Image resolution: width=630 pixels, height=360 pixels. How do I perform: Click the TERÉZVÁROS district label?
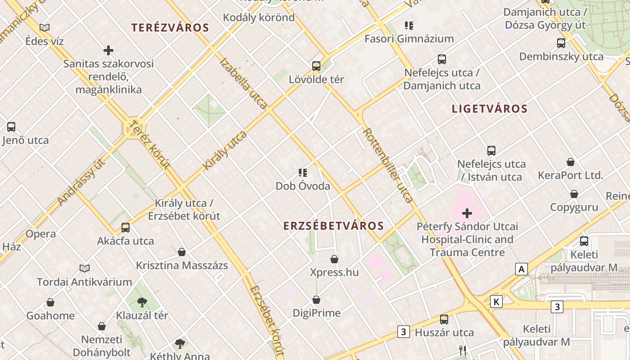(170, 27)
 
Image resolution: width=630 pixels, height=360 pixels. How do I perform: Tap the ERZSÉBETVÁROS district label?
(333, 226)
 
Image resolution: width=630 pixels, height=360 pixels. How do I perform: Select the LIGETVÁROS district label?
(490, 108)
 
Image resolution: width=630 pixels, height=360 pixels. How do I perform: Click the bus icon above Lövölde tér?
(316, 66)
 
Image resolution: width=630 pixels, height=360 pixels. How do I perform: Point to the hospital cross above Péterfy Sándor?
(467, 213)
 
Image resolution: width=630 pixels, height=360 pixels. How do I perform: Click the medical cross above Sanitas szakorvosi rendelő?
(108, 50)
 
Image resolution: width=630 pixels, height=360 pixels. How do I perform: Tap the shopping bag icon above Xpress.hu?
(334, 259)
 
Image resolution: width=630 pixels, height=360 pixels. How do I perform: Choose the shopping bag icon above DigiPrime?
(316, 300)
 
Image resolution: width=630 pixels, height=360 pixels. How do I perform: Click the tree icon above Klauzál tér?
(142, 302)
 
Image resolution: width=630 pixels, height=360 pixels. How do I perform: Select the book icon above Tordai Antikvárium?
(85, 269)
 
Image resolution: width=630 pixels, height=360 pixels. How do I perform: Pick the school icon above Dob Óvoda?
(303, 173)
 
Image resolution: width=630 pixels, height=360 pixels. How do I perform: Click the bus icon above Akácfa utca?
(126, 228)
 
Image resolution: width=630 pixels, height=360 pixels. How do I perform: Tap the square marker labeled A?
(521, 269)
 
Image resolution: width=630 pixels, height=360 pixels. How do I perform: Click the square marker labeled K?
(496, 301)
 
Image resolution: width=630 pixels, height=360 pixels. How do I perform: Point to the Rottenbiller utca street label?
(387, 165)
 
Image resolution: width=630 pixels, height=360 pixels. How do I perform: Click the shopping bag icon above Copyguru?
(574, 194)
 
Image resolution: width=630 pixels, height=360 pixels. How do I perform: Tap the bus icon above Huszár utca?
(444, 319)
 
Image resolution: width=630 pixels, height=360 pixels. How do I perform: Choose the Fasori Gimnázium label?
(409, 39)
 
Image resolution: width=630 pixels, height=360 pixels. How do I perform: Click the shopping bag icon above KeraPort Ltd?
(571, 162)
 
